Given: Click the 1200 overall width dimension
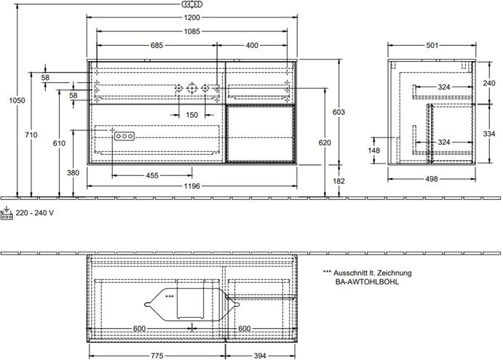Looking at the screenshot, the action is [192, 17].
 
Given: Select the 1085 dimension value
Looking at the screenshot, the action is [192, 31].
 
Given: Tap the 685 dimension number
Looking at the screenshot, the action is [157, 46].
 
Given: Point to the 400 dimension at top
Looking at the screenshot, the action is [252, 46].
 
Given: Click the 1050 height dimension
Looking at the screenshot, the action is [17, 100].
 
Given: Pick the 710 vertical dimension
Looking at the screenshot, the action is [31, 135].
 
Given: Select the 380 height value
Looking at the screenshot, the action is [73, 173].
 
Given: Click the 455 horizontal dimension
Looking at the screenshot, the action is [152, 176].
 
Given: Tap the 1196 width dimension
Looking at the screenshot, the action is [192, 186].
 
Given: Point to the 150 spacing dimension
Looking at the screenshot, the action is [192, 115].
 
